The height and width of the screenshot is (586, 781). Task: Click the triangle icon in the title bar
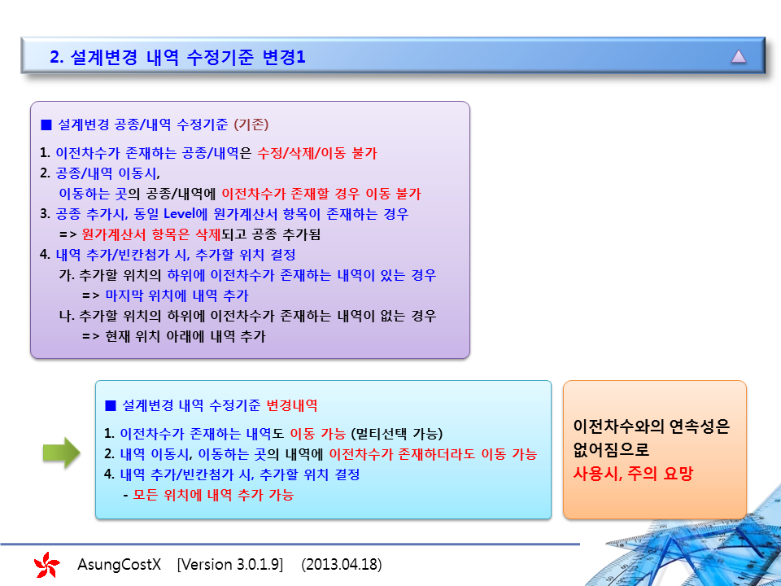point(738,56)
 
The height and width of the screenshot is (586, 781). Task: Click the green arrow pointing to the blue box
point(62,453)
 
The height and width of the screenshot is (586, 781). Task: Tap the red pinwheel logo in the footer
point(47,565)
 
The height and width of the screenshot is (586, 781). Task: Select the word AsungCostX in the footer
point(119,565)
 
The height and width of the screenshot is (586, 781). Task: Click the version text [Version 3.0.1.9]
point(230,565)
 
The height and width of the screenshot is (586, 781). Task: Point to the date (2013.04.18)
point(342,565)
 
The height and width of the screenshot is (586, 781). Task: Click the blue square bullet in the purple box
point(46,125)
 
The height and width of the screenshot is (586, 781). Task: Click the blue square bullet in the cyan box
point(111,405)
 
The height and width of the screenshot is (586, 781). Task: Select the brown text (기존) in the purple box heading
point(251,124)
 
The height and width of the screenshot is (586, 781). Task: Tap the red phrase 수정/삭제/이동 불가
point(317,153)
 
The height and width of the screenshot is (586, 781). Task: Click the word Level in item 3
point(179,214)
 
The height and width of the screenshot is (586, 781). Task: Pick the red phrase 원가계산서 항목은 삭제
point(151,234)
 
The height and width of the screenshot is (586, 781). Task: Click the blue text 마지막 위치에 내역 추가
point(177,295)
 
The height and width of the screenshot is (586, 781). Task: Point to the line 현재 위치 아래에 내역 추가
point(185,336)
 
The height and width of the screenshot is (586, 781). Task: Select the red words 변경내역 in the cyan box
point(292,405)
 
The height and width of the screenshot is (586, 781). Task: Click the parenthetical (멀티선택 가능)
point(397,434)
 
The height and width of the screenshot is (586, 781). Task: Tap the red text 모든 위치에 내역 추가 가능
point(213,495)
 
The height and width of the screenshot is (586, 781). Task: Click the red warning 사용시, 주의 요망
point(633,473)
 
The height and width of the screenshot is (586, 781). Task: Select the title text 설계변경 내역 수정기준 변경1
point(188,57)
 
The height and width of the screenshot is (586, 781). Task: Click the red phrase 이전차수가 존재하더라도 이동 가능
point(434,454)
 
